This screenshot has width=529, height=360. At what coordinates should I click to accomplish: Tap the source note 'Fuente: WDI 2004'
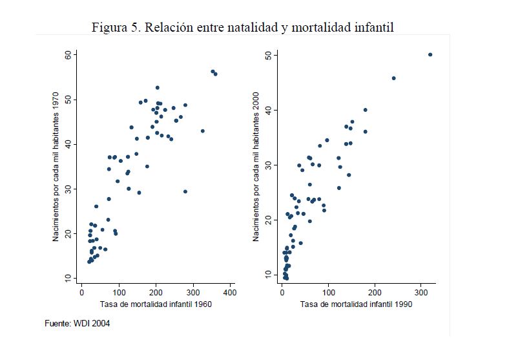[77, 323]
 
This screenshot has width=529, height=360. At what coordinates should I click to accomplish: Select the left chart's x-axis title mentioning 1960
[156, 304]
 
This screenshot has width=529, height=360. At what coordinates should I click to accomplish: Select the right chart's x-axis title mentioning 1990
[357, 304]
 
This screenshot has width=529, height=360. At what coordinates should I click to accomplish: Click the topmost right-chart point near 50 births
[430, 55]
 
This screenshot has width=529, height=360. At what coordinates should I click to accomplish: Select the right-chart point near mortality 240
[393, 78]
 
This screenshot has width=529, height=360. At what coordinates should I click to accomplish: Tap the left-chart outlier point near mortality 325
[203, 131]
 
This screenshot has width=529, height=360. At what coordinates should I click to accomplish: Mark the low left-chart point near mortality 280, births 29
[185, 191]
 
